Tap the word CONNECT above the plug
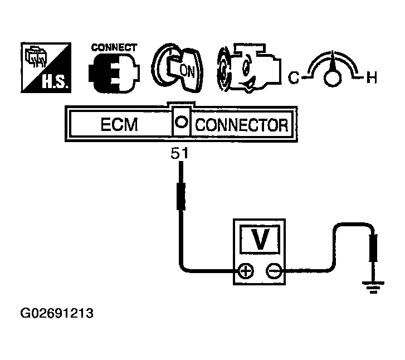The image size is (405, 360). point(113,48)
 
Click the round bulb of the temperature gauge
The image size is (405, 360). point(333,77)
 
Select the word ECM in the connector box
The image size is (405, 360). point(118,125)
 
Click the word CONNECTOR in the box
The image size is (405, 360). point(242,125)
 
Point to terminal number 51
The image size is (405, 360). point(180,155)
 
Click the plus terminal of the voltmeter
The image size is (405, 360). point(246,271)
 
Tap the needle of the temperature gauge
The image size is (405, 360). point(333,61)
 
